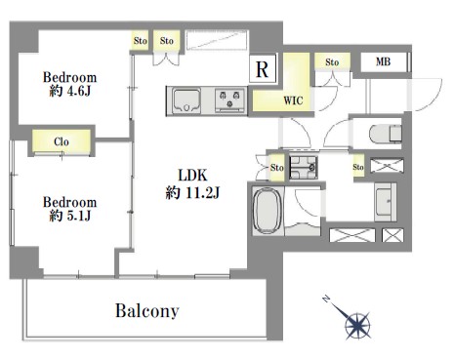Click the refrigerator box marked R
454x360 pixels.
coord(263,68)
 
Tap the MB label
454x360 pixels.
coord(383,61)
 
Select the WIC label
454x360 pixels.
coord(293,100)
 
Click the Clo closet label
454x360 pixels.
coord(62,141)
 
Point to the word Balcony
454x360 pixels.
coord(147,310)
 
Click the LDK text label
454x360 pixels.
coord(192,176)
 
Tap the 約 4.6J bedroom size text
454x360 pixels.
coord(69,92)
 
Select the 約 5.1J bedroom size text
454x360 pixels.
coord(69,216)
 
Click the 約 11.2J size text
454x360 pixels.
coord(192,192)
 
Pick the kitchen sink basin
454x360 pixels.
coord(186,100)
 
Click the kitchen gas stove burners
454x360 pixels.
coord(230,100)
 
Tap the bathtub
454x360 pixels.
coord(267,211)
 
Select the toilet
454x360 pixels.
coord(386,134)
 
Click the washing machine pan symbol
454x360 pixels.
coord(304,168)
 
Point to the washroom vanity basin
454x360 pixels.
coord(386,202)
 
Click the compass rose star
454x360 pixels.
coord(357,325)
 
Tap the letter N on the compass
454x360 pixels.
coord(326,300)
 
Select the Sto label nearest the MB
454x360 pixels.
coord(332,62)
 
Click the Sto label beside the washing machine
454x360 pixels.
coord(277,168)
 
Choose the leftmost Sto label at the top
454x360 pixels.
coord(141,41)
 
